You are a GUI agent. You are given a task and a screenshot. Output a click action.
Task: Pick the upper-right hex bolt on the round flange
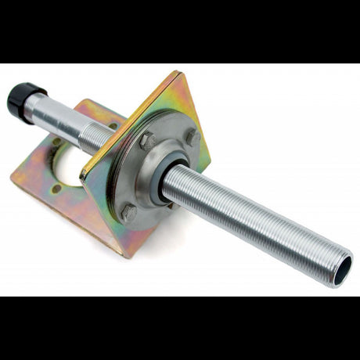click(x=193, y=138)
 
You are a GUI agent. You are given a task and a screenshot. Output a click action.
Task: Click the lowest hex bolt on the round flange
click(x=129, y=212)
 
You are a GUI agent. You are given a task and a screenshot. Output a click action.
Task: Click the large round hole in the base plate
click(x=75, y=161)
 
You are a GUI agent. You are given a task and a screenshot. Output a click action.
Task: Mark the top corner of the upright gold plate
click(x=178, y=74)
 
